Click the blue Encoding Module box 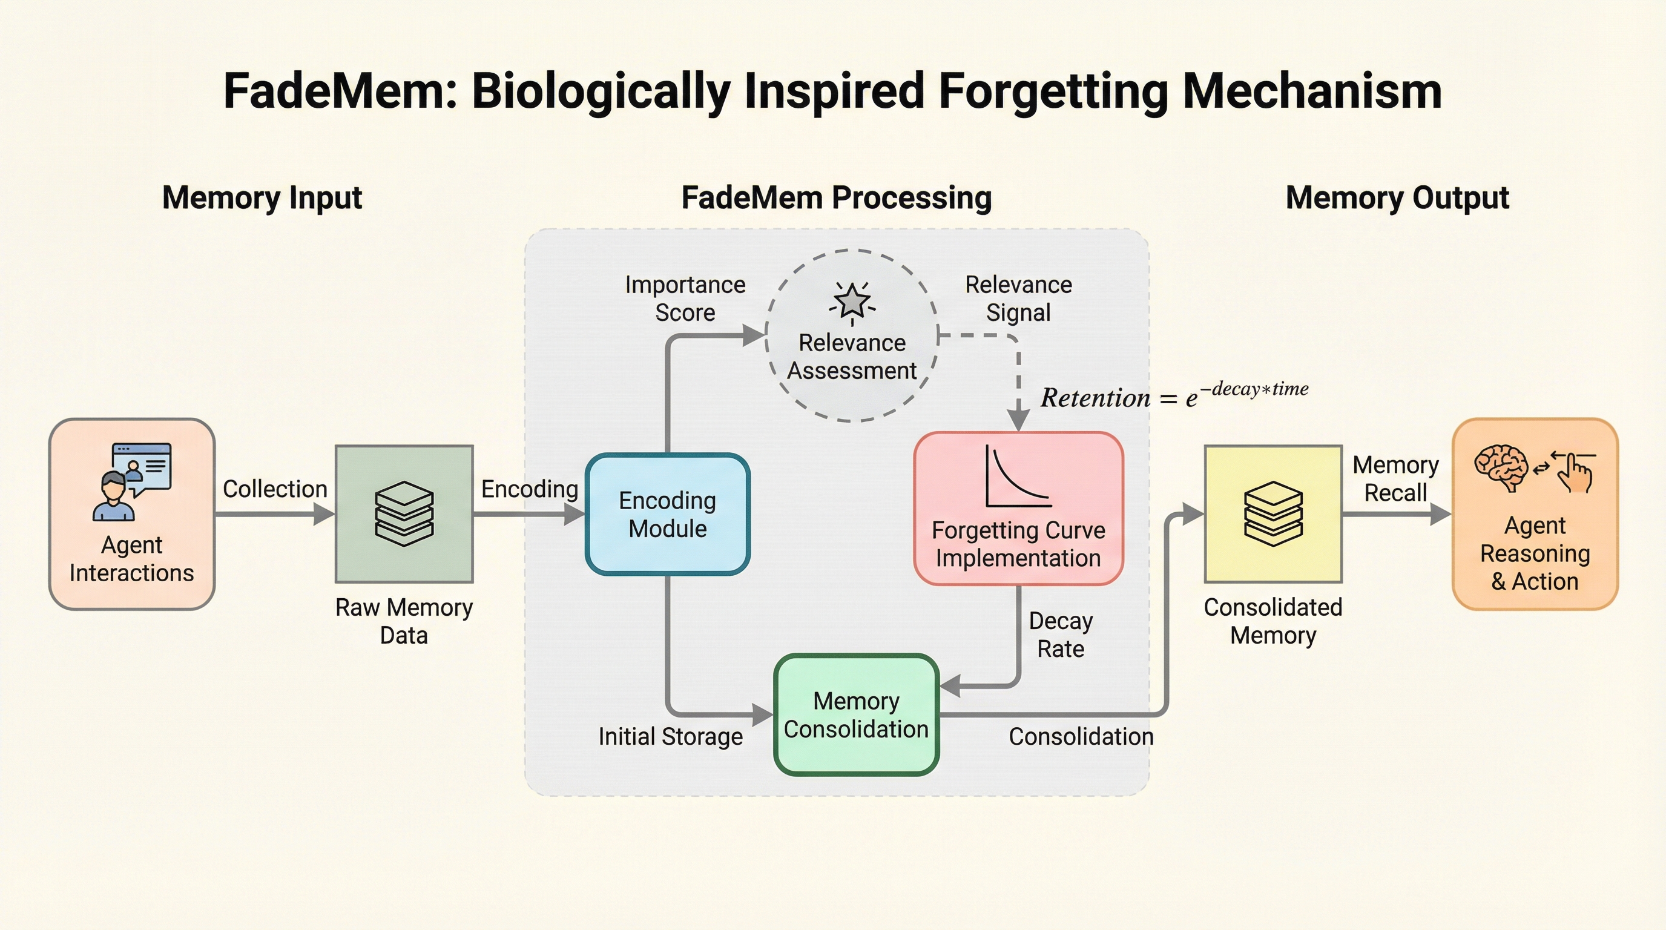(668, 514)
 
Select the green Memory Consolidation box (855, 714)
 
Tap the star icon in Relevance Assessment (852, 301)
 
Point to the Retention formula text (1174, 396)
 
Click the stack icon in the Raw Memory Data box (404, 513)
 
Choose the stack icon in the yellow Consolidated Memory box (1273, 513)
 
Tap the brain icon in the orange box (1501, 467)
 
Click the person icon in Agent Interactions (114, 496)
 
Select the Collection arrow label (275, 489)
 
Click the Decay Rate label (1061, 635)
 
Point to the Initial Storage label (670, 737)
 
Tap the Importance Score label (685, 298)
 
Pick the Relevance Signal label (1018, 298)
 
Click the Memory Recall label (1395, 478)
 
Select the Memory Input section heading (262, 197)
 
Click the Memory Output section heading (1397, 197)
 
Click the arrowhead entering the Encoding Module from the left (575, 515)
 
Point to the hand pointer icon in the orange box (1575, 472)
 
